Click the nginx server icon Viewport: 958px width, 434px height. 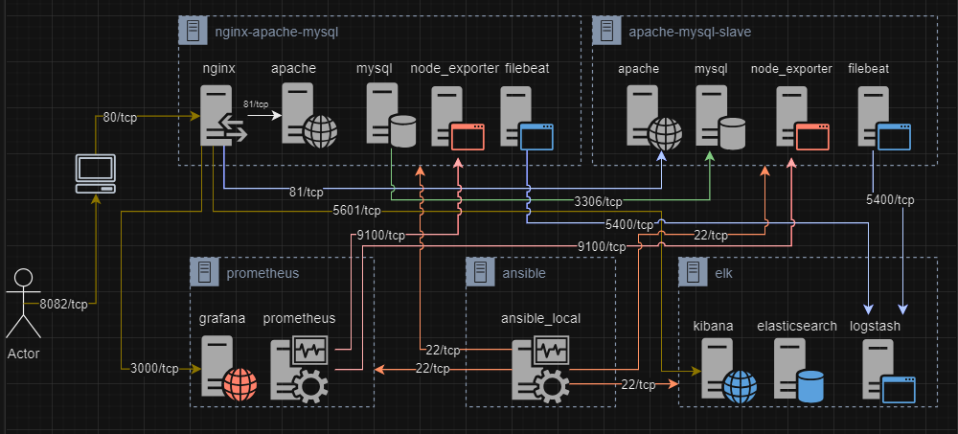(x=223, y=116)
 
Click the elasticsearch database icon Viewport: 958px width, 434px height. (x=799, y=371)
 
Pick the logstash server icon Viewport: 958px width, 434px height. (x=889, y=371)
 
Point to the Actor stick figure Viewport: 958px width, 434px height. (x=23, y=303)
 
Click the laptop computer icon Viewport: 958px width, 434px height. (x=95, y=173)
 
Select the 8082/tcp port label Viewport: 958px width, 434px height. (x=63, y=305)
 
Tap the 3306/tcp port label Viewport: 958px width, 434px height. (x=599, y=201)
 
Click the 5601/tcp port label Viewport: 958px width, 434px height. (x=356, y=211)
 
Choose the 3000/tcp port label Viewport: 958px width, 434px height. (x=154, y=369)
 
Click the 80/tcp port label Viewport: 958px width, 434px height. (x=120, y=118)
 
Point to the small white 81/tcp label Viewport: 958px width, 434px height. (x=256, y=103)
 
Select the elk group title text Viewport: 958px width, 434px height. (x=723, y=273)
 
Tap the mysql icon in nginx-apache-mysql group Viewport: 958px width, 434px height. (x=391, y=116)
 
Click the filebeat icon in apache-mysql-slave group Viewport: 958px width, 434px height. (x=884, y=118)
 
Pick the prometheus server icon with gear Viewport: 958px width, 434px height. (x=300, y=369)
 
